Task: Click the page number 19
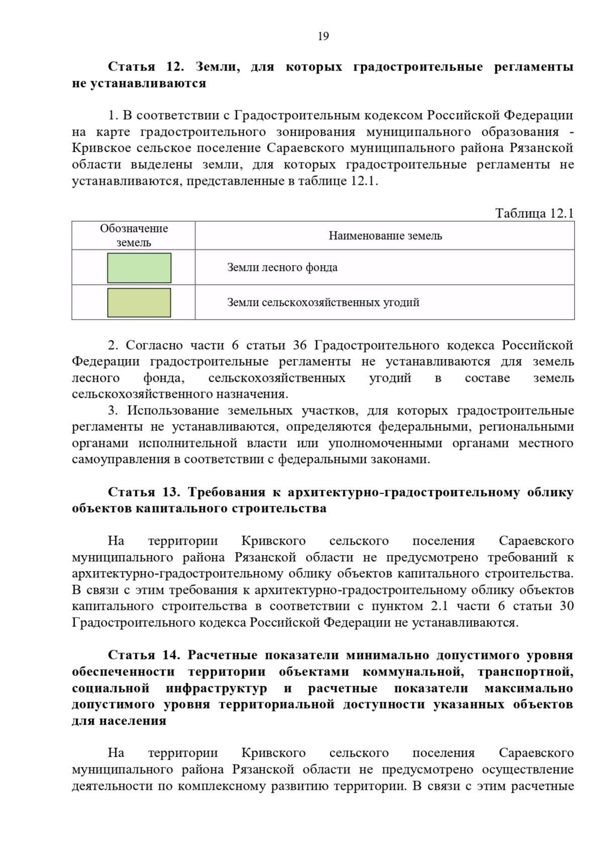click(x=323, y=36)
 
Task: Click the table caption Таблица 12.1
click(x=534, y=213)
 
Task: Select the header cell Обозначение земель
click(x=134, y=235)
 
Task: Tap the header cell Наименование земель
click(x=385, y=236)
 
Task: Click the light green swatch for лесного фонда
click(x=139, y=268)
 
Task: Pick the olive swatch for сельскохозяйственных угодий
click(x=139, y=303)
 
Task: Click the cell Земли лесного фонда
click(x=282, y=268)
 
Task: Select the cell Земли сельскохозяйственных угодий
click(x=323, y=303)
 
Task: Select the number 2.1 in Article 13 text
click(x=439, y=606)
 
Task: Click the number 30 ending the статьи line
click(x=566, y=606)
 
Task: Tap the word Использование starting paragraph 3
click(x=173, y=410)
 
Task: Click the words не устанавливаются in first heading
click(x=139, y=83)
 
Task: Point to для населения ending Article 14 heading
click(x=119, y=721)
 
